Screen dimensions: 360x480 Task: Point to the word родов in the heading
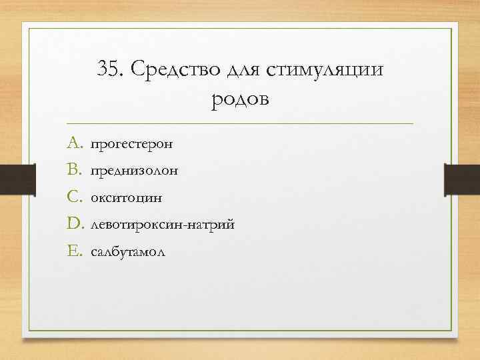coord(240,100)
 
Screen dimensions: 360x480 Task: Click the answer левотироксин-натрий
coord(162,225)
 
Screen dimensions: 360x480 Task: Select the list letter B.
coord(73,170)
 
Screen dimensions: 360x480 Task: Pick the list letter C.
coord(73,197)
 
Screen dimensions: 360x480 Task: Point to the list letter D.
coord(74,225)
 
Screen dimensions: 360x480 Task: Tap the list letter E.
coord(73,252)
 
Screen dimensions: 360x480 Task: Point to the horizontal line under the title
coord(240,124)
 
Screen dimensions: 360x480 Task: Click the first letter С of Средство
coord(138,69)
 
